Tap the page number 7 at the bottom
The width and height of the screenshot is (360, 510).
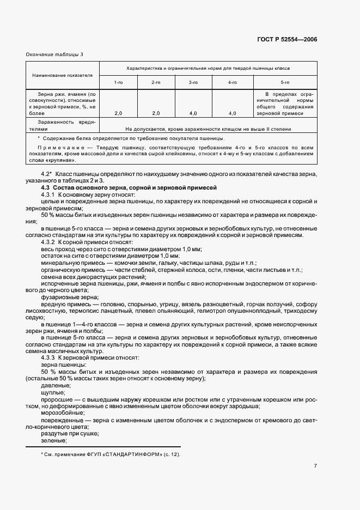point(315,466)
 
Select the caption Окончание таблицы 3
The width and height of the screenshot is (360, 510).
point(55,54)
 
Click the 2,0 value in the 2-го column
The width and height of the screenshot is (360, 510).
point(156,113)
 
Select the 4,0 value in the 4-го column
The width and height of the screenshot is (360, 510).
point(232,113)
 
